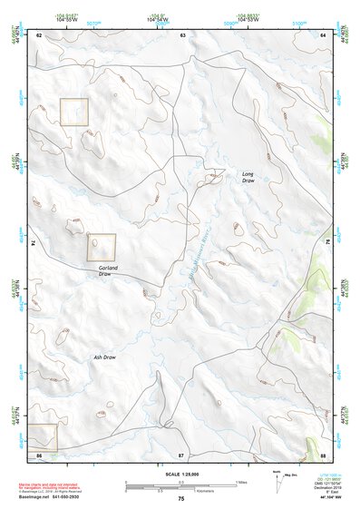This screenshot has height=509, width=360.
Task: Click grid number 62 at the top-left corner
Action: coord(40,34)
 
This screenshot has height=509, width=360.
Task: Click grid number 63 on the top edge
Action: coord(182,34)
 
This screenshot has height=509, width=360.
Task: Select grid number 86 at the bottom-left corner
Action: coord(39,455)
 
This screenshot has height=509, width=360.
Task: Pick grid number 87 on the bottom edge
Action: coord(181,455)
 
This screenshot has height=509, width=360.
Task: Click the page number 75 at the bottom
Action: coord(180,499)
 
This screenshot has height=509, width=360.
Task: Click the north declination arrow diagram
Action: coord(277,480)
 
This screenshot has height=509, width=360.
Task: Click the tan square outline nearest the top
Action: coord(73,113)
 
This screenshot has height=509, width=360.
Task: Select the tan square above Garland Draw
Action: coord(102,247)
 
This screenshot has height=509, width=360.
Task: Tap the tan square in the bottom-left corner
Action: coord(42,437)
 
